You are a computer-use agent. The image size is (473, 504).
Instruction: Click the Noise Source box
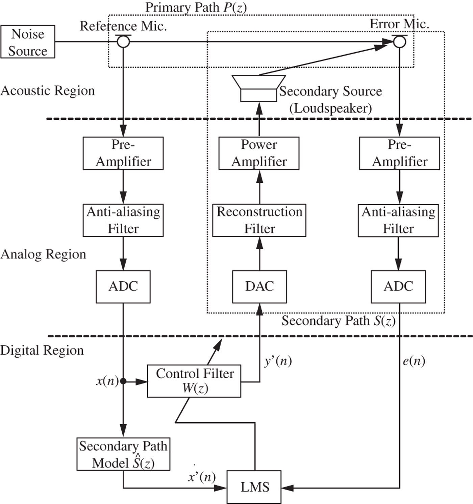click(28, 42)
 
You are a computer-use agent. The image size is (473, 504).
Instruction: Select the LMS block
click(254, 487)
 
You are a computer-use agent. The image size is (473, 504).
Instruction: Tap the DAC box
click(259, 286)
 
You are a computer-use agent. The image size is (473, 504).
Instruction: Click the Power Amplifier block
click(259, 153)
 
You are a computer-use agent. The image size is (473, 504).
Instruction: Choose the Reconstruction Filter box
click(259, 220)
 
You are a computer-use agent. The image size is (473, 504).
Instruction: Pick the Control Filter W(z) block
click(194, 381)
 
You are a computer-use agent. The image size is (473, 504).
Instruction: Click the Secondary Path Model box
click(123, 454)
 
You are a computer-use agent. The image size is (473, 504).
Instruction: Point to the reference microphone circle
click(123, 42)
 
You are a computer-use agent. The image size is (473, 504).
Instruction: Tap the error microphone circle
click(400, 42)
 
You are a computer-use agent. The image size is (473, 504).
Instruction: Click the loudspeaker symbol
click(259, 88)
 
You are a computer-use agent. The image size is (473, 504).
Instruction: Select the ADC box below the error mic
click(398, 286)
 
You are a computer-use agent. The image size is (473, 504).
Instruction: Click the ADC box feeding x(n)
click(123, 286)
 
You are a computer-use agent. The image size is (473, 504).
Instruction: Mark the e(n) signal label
click(414, 361)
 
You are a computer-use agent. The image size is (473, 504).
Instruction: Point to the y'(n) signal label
click(278, 361)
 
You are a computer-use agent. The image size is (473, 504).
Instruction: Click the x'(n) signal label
click(202, 477)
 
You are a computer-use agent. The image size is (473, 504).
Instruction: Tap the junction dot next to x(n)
click(123, 381)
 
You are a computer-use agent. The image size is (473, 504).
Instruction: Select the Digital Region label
click(42, 351)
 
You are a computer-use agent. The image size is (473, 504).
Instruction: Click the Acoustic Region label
click(48, 91)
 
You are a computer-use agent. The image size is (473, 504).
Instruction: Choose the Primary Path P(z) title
click(196, 7)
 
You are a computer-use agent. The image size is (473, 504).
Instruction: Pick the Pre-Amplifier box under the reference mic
click(123, 153)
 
